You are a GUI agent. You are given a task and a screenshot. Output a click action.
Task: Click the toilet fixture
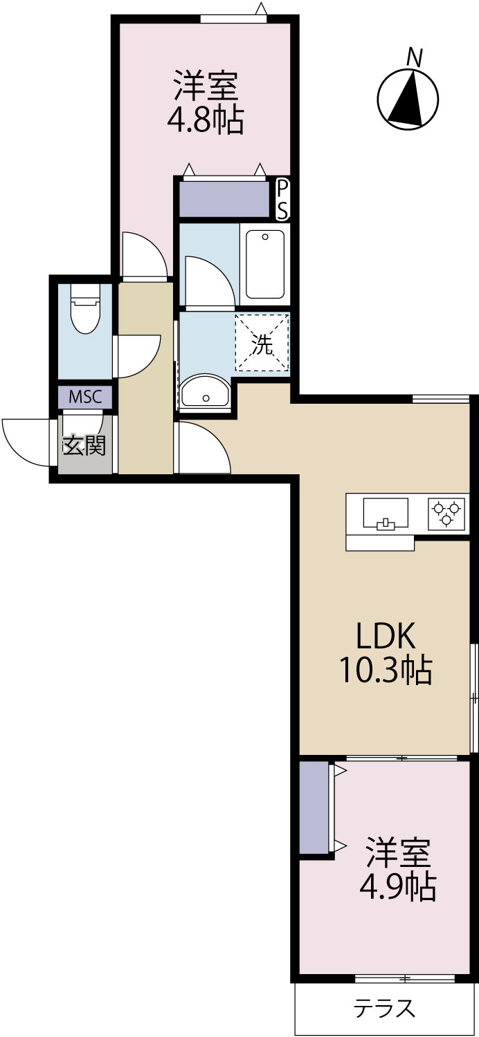85,308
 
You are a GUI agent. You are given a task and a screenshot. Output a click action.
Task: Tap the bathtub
265,264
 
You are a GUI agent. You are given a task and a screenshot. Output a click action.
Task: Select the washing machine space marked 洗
262,343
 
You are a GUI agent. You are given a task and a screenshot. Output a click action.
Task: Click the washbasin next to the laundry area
204,391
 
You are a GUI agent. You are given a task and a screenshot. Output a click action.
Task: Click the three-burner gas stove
446,514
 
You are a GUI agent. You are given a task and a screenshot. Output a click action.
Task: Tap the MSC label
85,397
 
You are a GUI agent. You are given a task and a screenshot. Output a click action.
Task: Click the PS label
282,200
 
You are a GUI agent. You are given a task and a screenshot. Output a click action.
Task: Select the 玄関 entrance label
84,445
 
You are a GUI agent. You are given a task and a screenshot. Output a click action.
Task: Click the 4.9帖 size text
398,886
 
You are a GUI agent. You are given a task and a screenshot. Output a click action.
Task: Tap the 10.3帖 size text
386,670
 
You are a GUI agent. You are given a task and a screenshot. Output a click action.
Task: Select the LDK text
386,637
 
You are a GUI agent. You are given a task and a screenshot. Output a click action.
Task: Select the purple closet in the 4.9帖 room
314,807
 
